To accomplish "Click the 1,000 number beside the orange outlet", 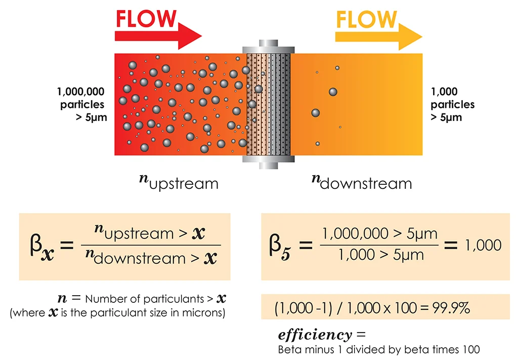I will coord(444,92).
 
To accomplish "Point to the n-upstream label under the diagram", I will coord(179,182).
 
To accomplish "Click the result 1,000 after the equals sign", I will coord(483,246).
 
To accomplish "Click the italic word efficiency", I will coord(314,335).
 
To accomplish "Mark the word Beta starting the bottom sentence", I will coord(289,349).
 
